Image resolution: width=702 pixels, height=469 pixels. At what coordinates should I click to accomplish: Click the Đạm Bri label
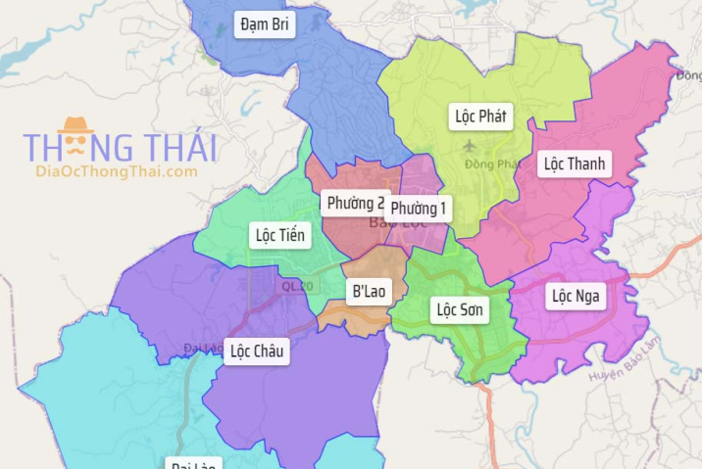click(x=265, y=23)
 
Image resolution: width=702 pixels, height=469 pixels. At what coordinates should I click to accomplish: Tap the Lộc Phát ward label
click(x=480, y=117)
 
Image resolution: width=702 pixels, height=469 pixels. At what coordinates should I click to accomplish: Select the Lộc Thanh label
click(x=575, y=164)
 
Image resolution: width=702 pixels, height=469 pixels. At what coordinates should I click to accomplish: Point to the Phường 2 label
click(x=354, y=204)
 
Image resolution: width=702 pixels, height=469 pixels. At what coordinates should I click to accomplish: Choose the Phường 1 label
click(x=419, y=209)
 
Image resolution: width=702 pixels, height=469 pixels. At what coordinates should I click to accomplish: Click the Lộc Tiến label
click(x=280, y=235)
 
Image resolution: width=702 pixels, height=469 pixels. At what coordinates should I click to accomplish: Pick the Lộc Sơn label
click(x=459, y=310)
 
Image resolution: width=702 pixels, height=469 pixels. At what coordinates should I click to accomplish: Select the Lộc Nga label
click(x=577, y=295)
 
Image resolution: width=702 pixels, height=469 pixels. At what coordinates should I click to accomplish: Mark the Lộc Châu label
click(x=256, y=351)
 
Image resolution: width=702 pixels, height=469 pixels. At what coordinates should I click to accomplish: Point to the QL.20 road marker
click(x=298, y=286)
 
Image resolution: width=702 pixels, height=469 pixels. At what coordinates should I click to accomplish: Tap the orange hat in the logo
click(x=74, y=125)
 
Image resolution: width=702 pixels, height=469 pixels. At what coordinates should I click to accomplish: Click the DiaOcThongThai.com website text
click(x=116, y=172)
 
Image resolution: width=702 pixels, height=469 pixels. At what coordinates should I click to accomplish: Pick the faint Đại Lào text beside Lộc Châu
click(x=203, y=348)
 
